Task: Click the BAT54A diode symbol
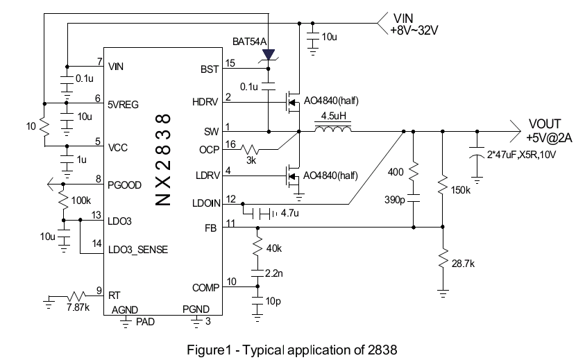coord(269,55)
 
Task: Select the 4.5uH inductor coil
coord(333,128)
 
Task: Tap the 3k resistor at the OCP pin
coord(250,149)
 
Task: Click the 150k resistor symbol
coord(443,185)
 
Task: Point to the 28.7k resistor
coord(443,258)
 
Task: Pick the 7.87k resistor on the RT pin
coord(76,295)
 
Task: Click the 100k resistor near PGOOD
coord(64,200)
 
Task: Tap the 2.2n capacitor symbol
coord(257,273)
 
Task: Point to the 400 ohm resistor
coord(414,171)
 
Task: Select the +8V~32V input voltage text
coord(414,31)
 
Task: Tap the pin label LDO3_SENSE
coord(138,250)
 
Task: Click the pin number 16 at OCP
coord(230,144)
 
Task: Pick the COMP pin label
coord(205,288)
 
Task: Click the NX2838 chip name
coord(162,160)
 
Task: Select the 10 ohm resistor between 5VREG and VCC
coord(44,127)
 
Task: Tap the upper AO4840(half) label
coord(331,101)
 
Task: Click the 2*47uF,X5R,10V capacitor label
coord(522,155)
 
